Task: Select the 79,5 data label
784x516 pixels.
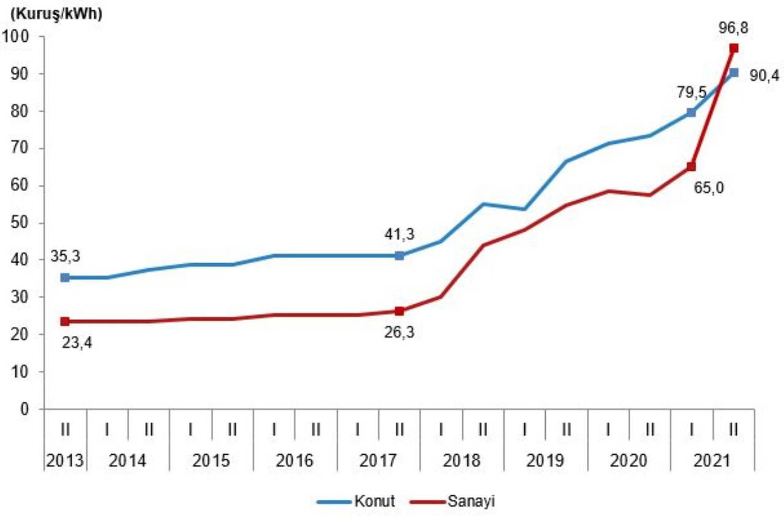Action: click(x=692, y=92)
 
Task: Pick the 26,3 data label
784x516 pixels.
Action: click(x=399, y=335)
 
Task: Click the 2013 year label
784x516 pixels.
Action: click(x=64, y=460)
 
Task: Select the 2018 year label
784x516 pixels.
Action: click(x=462, y=460)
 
